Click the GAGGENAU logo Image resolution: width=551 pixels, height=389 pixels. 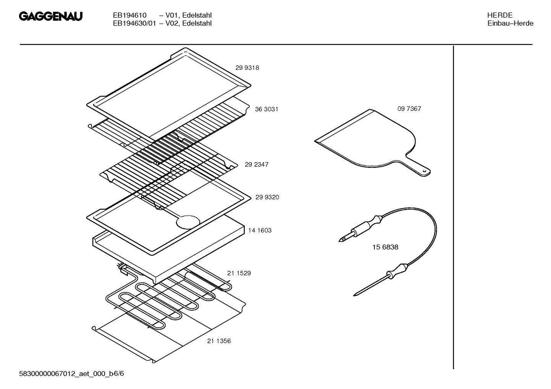(x=50, y=16)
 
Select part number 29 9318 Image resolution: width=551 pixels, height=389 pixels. (x=247, y=68)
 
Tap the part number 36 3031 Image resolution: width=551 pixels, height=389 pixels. (x=266, y=109)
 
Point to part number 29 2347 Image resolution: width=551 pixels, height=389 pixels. (x=256, y=165)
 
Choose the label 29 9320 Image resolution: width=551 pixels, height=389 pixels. (x=267, y=197)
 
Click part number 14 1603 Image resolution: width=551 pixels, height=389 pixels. (x=260, y=231)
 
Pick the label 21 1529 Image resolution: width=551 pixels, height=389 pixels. (x=239, y=273)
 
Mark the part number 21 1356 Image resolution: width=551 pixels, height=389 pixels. (x=219, y=341)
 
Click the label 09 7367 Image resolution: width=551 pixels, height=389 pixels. (x=409, y=109)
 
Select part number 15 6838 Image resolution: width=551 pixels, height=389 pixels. (x=385, y=247)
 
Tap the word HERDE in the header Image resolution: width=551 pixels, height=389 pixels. (x=500, y=15)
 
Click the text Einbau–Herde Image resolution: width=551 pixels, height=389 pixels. (x=510, y=23)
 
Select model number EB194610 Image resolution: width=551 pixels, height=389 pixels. (x=130, y=15)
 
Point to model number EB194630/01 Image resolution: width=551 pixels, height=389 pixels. (x=134, y=23)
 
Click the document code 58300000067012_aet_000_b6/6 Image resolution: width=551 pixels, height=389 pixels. (x=71, y=374)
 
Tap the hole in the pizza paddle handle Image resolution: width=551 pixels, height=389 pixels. (x=425, y=171)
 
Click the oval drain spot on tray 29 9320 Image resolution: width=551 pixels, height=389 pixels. (x=188, y=222)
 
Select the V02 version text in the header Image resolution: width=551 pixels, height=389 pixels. (x=171, y=23)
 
